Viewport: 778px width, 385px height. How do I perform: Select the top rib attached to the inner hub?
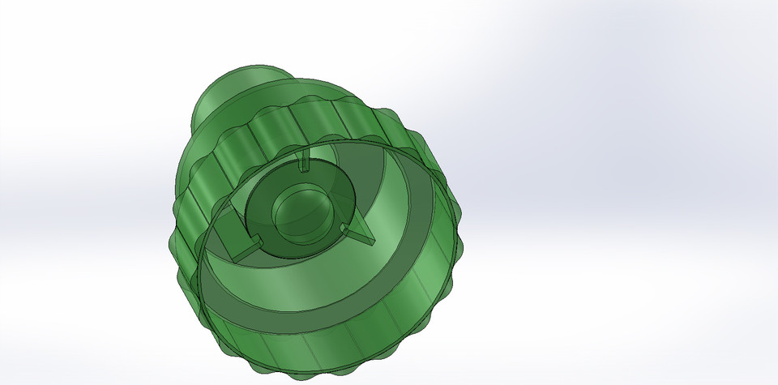pyautogui.click(x=305, y=162)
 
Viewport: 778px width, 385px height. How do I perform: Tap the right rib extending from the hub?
pyautogui.click(x=360, y=235)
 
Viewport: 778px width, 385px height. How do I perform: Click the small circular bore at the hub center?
pyautogui.click(x=301, y=214)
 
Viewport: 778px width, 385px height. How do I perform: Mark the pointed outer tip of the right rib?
pyautogui.click(x=376, y=241)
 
